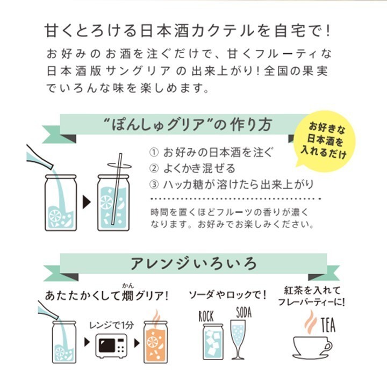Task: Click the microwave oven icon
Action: pos(111,346)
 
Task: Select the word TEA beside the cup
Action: pos(328,325)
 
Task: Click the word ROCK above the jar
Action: pos(206,317)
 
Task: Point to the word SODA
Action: pos(244,312)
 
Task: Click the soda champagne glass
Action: pos(238,340)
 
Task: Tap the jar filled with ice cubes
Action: pos(213,342)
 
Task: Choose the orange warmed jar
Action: pos(155,342)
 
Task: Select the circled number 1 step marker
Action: pos(154,152)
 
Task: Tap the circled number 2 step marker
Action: pos(154,168)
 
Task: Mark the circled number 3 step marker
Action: pos(154,184)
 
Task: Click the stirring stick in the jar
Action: pos(117,189)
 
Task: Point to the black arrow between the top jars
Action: pos(87,202)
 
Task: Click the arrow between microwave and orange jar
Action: pos(137,343)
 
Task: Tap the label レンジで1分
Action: pos(111,325)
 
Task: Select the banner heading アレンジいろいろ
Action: pos(193,263)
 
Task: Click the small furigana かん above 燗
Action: pos(128,285)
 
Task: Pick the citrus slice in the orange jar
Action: pos(153,342)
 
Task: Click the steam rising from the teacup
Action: pos(311,322)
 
